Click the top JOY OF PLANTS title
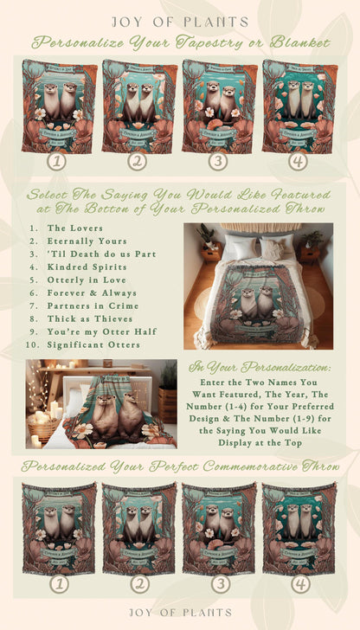(180, 20)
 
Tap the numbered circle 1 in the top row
(57, 160)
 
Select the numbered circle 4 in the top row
(298, 160)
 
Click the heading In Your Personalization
(266, 367)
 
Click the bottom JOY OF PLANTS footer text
(180, 613)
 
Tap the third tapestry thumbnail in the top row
(217, 106)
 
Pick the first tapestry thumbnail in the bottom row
(57, 528)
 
